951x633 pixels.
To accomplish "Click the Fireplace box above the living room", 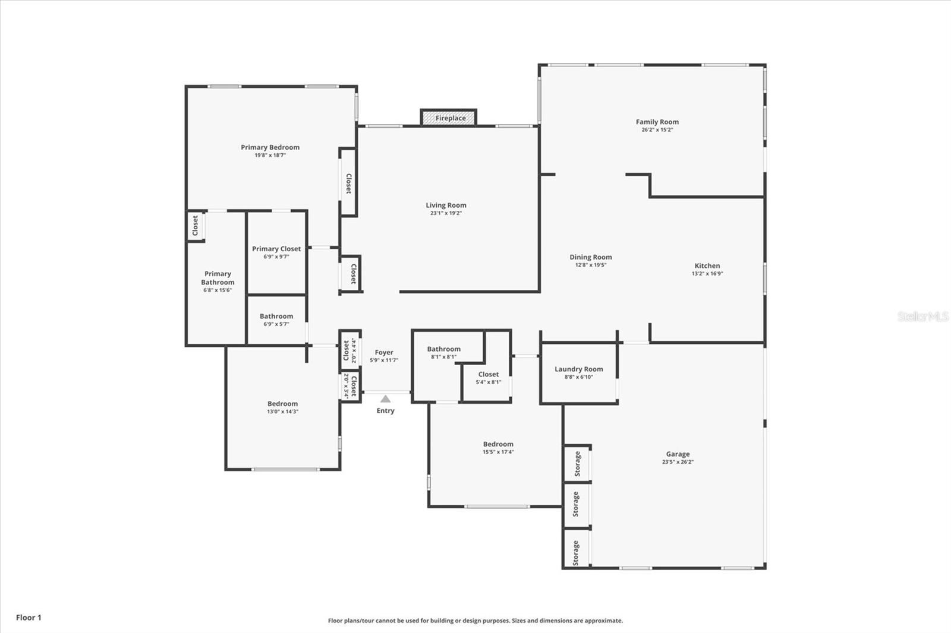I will click(x=449, y=118).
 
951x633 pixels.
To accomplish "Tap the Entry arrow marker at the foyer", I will click(x=385, y=399).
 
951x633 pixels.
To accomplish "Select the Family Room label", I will click(x=657, y=122).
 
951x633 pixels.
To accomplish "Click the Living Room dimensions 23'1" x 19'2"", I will click(x=446, y=213).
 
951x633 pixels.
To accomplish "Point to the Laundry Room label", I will click(x=578, y=369).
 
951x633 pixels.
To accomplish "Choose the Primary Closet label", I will click(x=276, y=249).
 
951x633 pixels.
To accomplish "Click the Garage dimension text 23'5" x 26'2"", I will click(x=678, y=462).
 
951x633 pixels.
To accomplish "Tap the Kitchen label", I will click(x=707, y=265).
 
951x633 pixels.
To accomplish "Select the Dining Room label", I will click(x=590, y=257).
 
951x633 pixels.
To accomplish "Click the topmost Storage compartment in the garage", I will click(x=577, y=464).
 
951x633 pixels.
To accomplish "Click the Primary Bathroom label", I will click(x=218, y=278).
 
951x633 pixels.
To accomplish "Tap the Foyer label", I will click(x=384, y=352).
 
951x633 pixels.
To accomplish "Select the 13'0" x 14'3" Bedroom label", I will click(x=282, y=404).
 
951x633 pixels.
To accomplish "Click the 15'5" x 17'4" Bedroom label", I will click(x=498, y=444).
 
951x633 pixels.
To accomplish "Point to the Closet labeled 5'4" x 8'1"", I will click(x=488, y=374).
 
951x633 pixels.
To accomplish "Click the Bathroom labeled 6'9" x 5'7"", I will click(x=276, y=316).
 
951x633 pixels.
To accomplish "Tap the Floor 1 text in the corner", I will click(x=29, y=618).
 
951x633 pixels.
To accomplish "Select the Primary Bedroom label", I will click(x=270, y=147).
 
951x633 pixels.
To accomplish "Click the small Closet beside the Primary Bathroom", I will click(x=195, y=226).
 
